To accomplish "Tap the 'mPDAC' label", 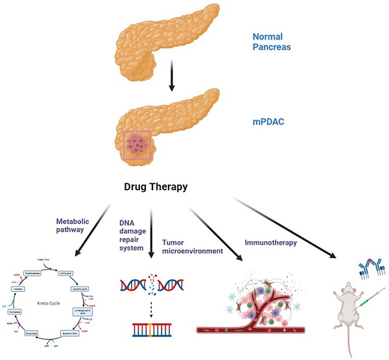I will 265,121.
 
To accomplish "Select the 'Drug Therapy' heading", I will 156,187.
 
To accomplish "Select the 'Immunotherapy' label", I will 270,243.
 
